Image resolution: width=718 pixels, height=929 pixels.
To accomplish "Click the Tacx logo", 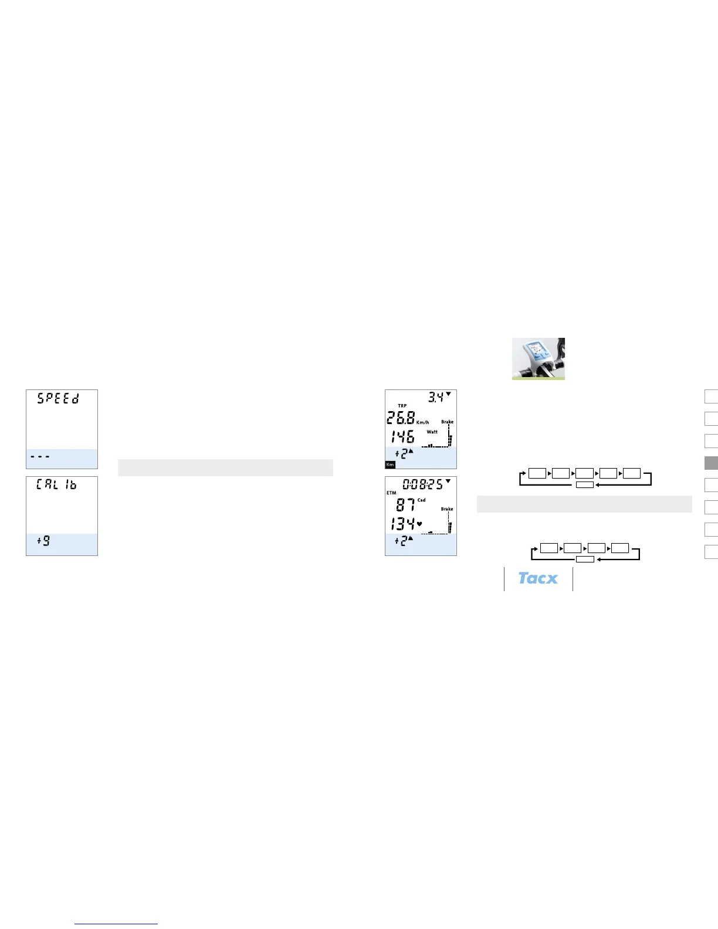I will (538, 578).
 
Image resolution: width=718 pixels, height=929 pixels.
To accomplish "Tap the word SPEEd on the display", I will (58, 398).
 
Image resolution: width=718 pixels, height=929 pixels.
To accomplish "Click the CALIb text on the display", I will (56, 484).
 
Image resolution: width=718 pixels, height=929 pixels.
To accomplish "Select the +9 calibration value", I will (44, 540).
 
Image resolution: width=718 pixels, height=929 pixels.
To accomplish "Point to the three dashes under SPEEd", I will (40, 456).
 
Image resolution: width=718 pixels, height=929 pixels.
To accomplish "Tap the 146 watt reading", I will (402, 437).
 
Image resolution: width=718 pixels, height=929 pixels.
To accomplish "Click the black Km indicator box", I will (390, 464).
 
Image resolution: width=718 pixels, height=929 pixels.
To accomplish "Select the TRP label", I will (402, 406).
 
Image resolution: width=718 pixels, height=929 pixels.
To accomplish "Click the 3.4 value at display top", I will (435, 397).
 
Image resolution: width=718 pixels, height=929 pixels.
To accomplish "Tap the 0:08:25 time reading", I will (422, 484).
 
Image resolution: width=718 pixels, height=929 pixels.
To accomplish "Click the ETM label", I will (391, 493).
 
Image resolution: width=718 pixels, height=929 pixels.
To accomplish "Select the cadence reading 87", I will (405, 504).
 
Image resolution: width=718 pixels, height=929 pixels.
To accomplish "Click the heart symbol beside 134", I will (419, 523).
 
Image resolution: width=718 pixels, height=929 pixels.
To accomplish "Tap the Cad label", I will (421, 500).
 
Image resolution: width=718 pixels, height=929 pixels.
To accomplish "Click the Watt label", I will (432, 432).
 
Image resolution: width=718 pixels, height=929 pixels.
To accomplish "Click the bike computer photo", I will (538, 358).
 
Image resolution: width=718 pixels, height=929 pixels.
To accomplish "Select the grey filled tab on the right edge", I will (711, 463).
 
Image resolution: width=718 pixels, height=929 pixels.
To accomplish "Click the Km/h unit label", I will (422, 422).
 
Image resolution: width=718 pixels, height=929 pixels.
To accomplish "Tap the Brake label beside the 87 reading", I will (447, 509).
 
